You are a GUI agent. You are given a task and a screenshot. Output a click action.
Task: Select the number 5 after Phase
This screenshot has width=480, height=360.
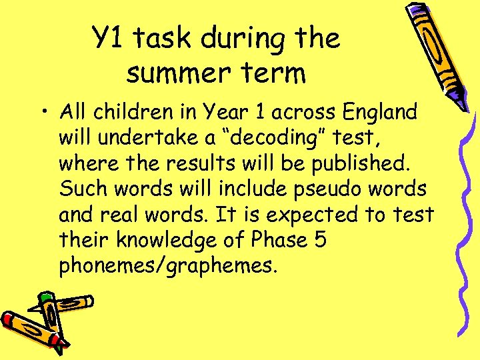point(319,240)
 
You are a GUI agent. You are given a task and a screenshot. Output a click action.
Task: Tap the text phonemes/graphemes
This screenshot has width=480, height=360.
point(167,266)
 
